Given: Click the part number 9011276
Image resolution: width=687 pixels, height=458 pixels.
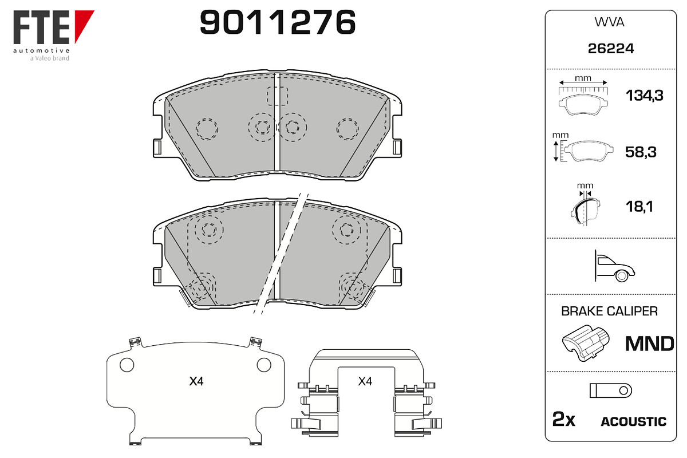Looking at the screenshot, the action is [x=278, y=22].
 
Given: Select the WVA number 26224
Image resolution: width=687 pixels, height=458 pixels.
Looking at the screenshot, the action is [x=611, y=49].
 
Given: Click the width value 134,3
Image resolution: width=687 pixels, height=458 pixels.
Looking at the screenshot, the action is [x=645, y=96].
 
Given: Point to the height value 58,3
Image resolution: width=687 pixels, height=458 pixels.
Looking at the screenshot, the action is [x=641, y=152].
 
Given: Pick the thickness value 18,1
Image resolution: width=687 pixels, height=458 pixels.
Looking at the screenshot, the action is [x=639, y=207].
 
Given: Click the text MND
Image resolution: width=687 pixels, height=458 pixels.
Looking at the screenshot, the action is [x=650, y=343].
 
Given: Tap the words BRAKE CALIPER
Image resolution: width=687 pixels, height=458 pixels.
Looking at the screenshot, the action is [x=609, y=311].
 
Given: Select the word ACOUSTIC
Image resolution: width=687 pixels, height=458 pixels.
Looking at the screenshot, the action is [x=634, y=421].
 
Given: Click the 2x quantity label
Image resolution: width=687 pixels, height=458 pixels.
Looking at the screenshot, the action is [x=564, y=419].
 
